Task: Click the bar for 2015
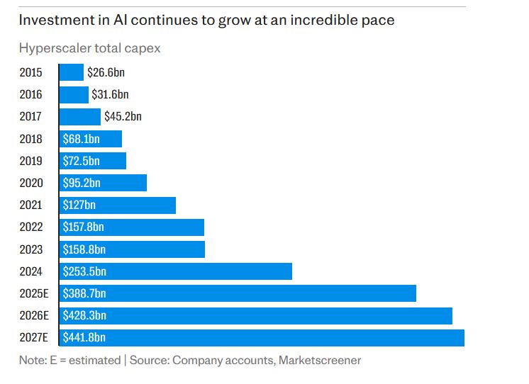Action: [x=71, y=72]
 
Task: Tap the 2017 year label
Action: [x=31, y=116]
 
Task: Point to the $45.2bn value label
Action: [x=123, y=116]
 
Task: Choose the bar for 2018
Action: [x=90, y=139]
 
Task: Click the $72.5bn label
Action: [x=81, y=161]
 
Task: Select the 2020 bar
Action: [x=103, y=183]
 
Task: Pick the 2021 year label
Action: [x=31, y=205]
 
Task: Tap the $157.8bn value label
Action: [x=84, y=227]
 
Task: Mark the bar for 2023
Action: [x=132, y=249]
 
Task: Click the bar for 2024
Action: [x=175, y=271]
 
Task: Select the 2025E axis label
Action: [x=34, y=293]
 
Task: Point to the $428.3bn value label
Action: [x=84, y=316]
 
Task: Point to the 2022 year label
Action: [x=31, y=227]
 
